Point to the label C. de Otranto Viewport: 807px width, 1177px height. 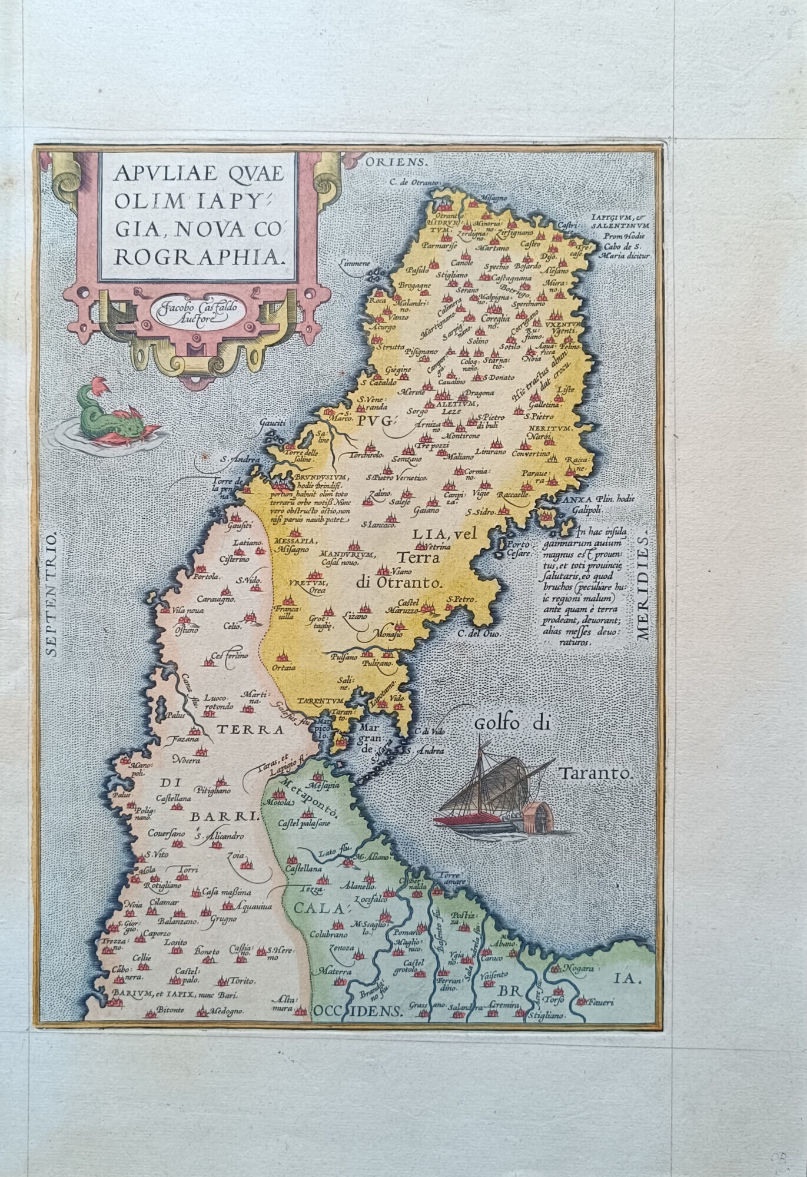(414, 183)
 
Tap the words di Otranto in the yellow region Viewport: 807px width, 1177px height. (398, 583)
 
